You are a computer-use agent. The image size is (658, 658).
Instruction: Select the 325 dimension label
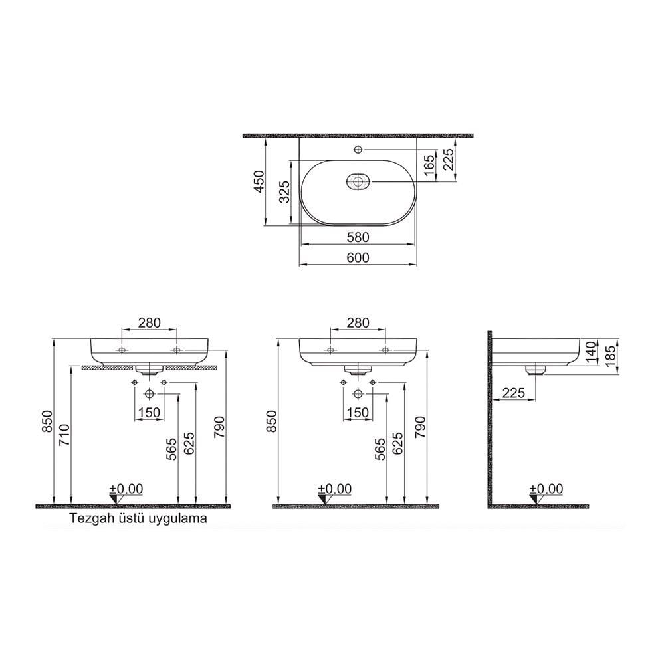[x=284, y=193]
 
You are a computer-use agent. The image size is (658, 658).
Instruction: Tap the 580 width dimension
[x=358, y=237]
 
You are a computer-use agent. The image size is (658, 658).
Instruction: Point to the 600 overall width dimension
[x=358, y=257]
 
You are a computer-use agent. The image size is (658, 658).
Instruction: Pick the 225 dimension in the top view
[x=449, y=160]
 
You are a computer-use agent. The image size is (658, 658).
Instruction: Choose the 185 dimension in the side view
[x=609, y=353]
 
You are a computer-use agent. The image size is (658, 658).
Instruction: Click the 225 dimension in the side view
[x=514, y=393]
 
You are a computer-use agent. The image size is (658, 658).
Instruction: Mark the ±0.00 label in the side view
[x=546, y=489]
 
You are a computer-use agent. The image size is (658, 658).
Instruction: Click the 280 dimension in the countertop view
[x=149, y=323]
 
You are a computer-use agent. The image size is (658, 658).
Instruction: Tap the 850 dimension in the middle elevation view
[x=271, y=421]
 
